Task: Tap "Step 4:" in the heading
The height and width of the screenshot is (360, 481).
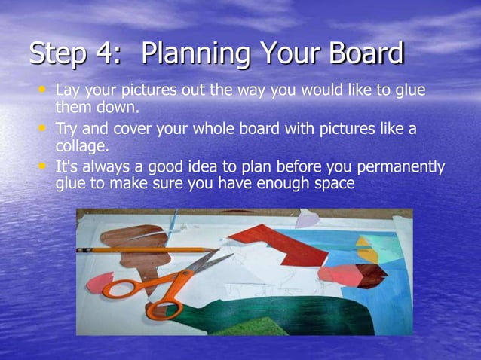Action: (x=78, y=53)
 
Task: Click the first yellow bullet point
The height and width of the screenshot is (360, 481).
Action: (x=42, y=90)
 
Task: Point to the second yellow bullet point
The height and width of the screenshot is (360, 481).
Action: (x=42, y=128)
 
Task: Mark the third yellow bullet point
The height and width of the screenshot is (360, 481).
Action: (x=42, y=166)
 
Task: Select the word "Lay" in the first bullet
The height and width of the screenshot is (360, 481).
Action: (x=67, y=91)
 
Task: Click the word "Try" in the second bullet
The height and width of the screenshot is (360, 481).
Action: (x=67, y=129)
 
